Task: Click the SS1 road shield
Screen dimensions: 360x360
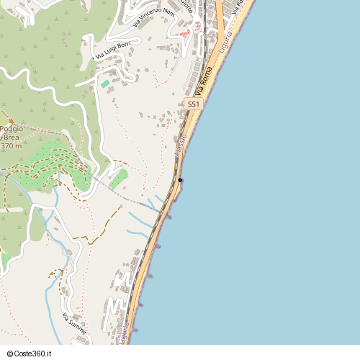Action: (x=192, y=104)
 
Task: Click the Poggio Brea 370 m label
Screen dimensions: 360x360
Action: (x=12, y=137)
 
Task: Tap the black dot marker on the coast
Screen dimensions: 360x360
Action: (x=181, y=180)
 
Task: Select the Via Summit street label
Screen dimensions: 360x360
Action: (x=74, y=325)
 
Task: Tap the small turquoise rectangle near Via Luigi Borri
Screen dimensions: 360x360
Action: (x=105, y=84)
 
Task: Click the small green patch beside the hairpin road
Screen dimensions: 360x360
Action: (x=118, y=178)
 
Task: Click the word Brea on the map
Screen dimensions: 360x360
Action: (x=12, y=137)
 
